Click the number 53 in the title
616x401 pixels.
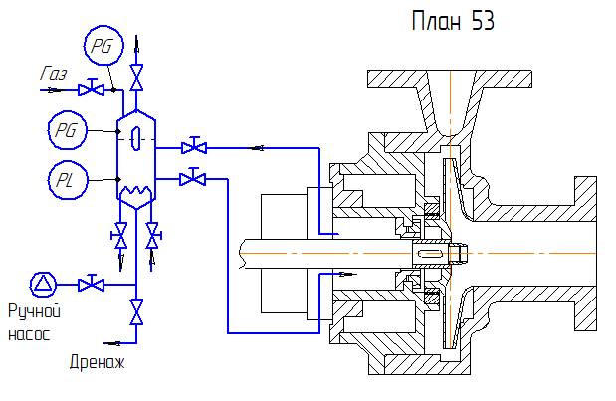coord(480,21)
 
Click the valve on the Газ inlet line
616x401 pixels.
coord(96,90)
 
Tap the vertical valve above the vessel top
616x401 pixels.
coord(136,76)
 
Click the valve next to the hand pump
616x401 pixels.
coord(92,284)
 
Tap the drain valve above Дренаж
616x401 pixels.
coord(136,313)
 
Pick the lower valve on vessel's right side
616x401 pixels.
coord(194,179)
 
